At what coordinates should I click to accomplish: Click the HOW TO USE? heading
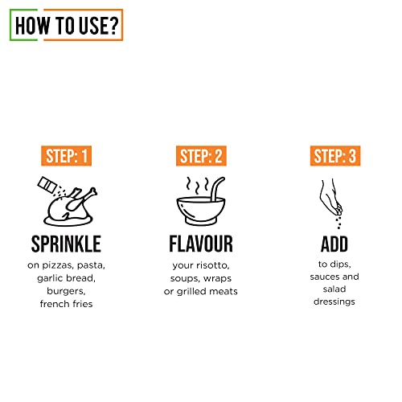pos(66,25)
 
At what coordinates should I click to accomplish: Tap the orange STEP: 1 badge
pos(67,156)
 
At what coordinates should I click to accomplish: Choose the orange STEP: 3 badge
pos(335,156)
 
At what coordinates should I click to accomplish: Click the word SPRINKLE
pos(67,244)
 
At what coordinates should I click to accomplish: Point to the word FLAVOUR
pos(201,244)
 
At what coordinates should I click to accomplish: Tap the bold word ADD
pos(335,244)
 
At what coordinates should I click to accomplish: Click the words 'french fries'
pos(67,304)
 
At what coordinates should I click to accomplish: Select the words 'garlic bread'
pos(67,278)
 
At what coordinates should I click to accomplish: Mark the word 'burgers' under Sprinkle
pos(67,291)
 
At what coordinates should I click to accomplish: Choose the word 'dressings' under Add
pos(335,301)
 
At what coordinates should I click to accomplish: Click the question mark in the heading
pos(114,25)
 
